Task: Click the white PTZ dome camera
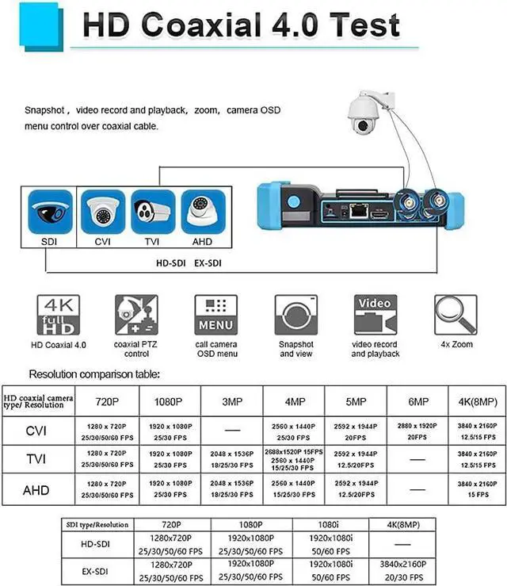point(367,114)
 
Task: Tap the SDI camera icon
point(51,212)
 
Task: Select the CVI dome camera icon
point(103,212)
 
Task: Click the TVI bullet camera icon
point(153,212)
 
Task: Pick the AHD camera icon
point(204,212)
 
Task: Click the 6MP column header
point(417,401)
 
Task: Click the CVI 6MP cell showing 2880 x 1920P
point(417,431)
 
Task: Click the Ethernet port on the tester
point(357,211)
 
